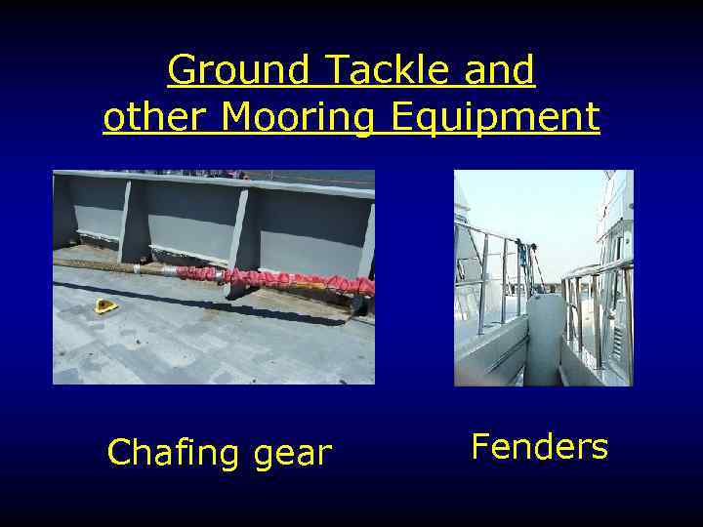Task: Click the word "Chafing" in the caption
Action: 177,453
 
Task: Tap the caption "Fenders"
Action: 539,447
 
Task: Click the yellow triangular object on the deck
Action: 105,306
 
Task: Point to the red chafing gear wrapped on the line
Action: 293,282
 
